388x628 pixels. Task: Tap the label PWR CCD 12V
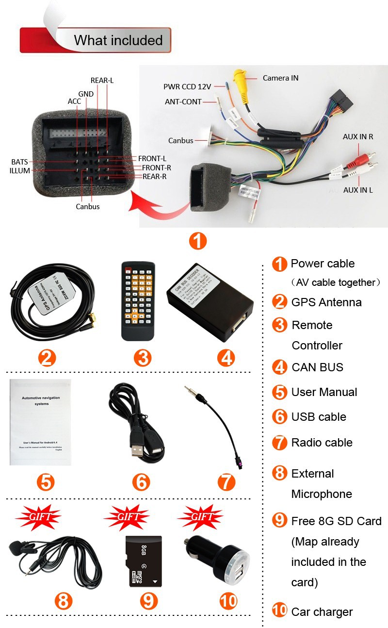187,87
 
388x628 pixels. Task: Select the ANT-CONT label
183,102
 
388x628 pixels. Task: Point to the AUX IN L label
358,190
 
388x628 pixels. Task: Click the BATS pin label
20,162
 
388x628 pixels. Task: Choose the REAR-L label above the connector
102,81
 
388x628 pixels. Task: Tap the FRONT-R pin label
156,167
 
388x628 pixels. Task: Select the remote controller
138,301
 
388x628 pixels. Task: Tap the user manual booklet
40,422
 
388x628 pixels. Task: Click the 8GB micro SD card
144,561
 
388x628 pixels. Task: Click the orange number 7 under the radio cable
226,482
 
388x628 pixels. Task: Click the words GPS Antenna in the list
326,302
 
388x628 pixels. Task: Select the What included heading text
118,40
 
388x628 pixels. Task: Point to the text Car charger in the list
322,612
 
